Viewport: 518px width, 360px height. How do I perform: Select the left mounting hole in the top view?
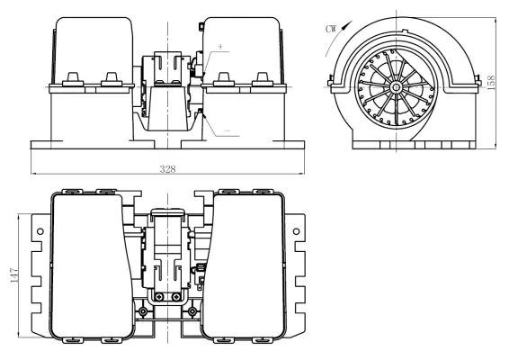pyautogui.click(x=41, y=231)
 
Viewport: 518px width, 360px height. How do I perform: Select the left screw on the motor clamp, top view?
pyautogui.click(x=159, y=299)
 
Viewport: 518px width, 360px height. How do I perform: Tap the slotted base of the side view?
pyautogui.click(x=405, y=143)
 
